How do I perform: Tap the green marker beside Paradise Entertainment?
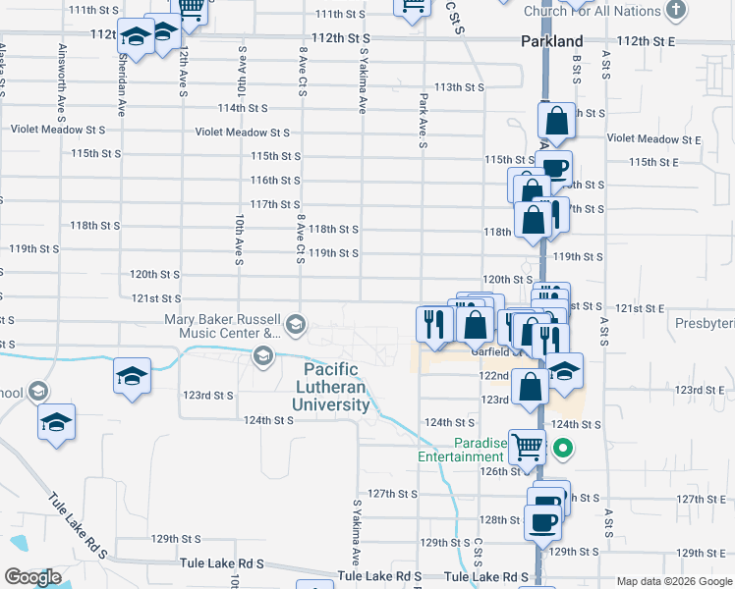tap(562, 450)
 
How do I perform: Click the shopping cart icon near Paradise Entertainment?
tap(528, 447)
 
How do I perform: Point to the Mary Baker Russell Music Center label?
tap(223, 326)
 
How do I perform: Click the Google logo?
tap(32, 576)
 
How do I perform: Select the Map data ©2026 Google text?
tap(673, 581)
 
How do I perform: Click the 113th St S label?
tap(460, 86)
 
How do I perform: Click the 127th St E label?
tap(702, 499)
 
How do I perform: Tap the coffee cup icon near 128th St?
tap(541, 520)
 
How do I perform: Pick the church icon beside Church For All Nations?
tap(675, 11)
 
